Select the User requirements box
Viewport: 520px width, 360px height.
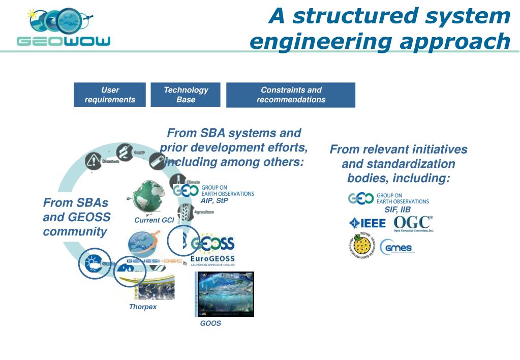[x=110, y=95]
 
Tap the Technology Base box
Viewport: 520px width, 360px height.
[x=186, y=95]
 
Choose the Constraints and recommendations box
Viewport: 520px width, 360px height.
[x=291, y=95]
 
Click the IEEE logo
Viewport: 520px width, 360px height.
[x=368, y=223]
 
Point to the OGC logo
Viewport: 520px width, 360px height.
[x=413, y=223]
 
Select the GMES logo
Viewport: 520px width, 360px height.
[x=397, y=248]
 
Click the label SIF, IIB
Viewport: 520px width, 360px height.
[x=397, y=209]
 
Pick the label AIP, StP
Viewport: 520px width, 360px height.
[x=215, y=201]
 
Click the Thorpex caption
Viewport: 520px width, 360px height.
[x=142, y=307]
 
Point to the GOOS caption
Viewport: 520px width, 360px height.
[x=210, y=323]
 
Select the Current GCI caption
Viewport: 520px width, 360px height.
[x=154, y=220]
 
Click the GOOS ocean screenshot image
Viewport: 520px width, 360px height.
[x=225, y=294]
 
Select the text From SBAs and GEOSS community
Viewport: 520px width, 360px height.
[x=76, y=217]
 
